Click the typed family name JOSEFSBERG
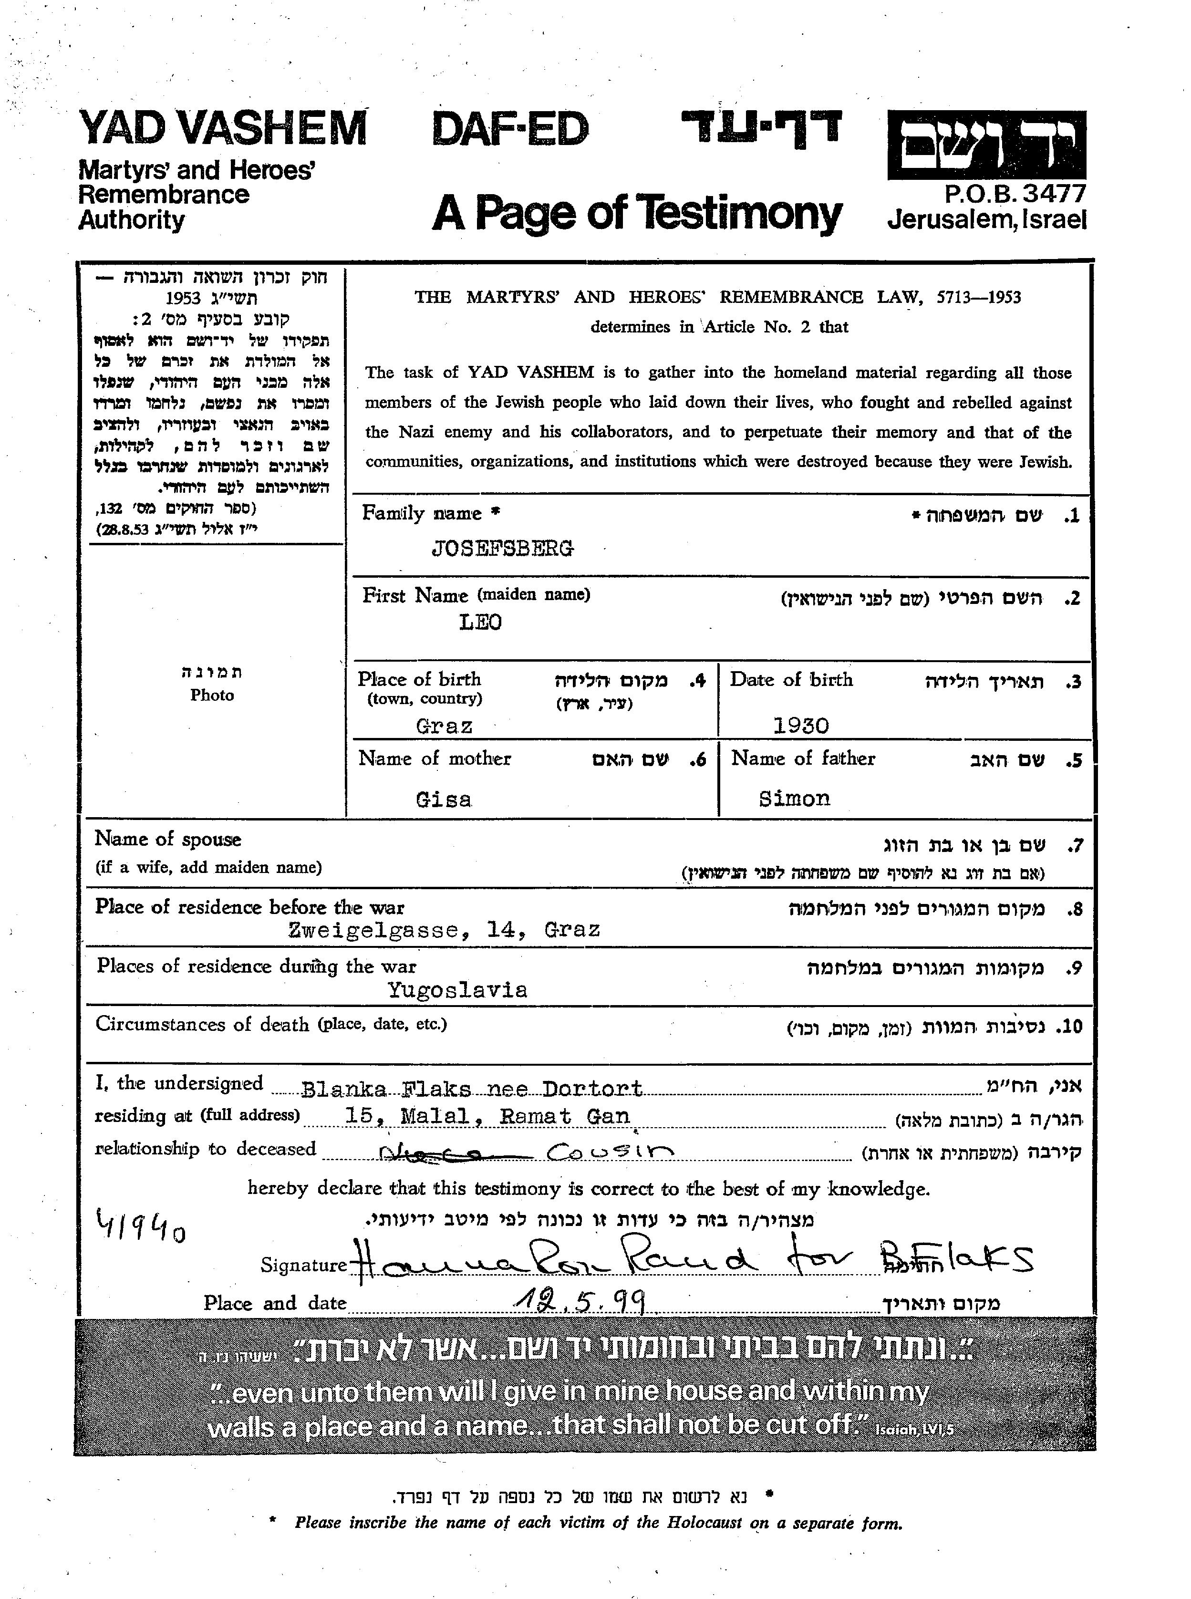pos(503,550)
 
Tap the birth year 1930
pos(801,725)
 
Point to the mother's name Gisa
pos(444,799)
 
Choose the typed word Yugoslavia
pos(457,990)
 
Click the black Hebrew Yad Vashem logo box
pos(986,145)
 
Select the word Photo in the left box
pos(212,695)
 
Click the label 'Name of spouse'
pos(168,839)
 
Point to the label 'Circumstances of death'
pos(203,1024)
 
